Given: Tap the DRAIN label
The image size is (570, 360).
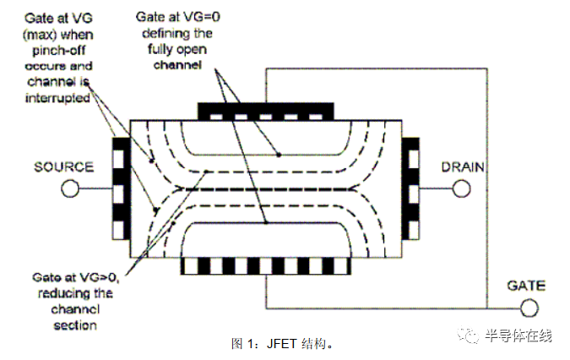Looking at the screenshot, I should [x=462, y=166].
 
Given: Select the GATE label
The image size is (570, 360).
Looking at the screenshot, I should [x=525, y=286].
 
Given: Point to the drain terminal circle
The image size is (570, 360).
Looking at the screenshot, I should [x=461, y=188].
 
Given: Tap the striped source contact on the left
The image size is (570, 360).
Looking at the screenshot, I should [x=118, y=187].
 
